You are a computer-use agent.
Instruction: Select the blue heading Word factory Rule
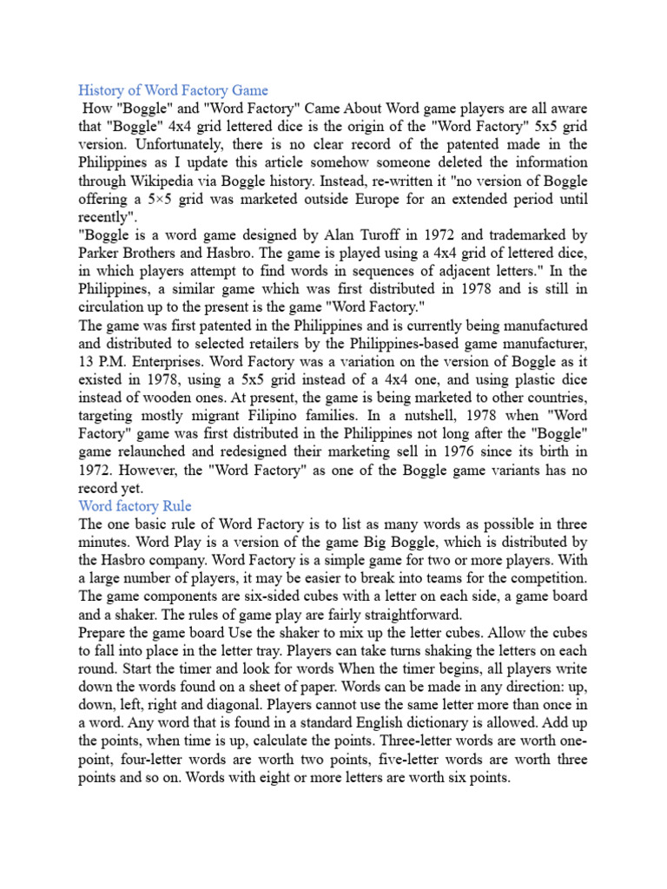pos(135,506)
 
